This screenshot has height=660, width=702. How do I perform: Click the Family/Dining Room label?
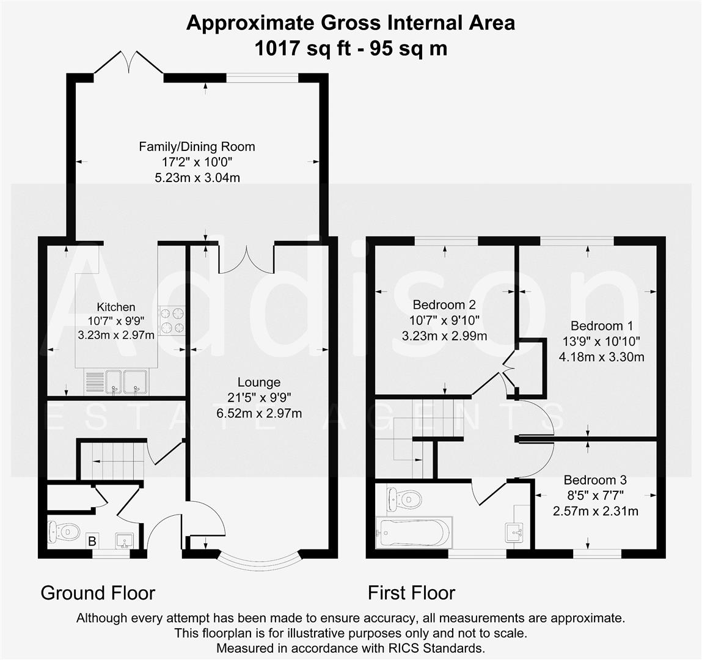pos(197,147)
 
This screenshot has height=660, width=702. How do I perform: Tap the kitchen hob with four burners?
pos(172,320)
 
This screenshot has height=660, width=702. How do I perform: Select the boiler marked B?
pos(93,540)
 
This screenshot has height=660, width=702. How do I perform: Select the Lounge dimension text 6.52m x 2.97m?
pos(259,413)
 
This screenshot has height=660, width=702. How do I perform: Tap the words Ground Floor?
pos(98,593)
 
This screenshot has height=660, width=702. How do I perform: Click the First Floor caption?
pos(411,593)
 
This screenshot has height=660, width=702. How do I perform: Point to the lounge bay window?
pos(259,560)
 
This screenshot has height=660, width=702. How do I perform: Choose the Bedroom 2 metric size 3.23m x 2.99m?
pos(444,335)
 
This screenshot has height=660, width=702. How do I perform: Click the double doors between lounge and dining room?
pos(246,260)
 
